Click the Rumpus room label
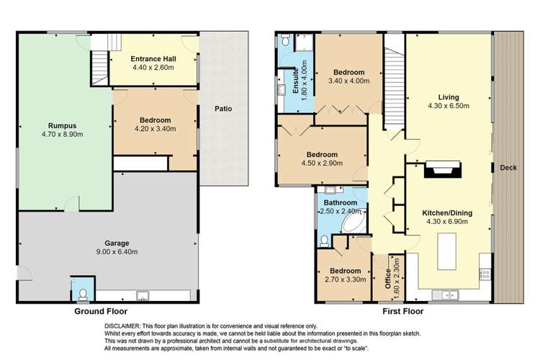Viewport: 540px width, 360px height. (x=63, y=124)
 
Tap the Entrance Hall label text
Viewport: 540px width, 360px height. (x=155, y=58)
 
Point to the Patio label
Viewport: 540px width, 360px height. (x=222, y=109)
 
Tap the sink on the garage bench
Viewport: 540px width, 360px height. (x=142, y=295)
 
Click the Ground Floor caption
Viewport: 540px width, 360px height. (x=101, y=312)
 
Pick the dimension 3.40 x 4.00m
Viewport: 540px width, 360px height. (x=349, y=81)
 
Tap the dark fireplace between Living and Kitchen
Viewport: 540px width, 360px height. (x=440, y=170)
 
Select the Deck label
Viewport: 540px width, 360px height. (x=506, y=168)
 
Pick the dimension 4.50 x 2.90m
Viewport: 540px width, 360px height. (x=322, y=163)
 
